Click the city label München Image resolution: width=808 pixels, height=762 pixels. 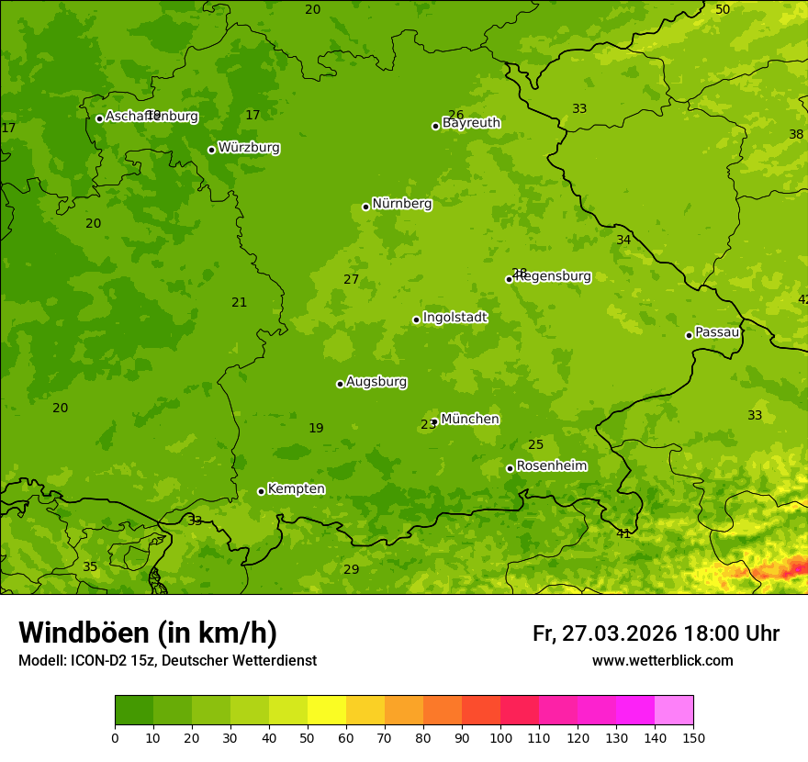[469, 420]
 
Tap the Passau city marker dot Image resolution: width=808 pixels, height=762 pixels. [689, 335]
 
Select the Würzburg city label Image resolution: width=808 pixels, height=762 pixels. [248, 148]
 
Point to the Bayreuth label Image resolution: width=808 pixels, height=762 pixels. [471, 123]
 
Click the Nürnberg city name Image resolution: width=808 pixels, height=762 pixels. [401, 204]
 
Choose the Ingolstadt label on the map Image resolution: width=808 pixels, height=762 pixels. [454, 318]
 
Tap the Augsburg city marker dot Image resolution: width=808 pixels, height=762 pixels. [340, 384]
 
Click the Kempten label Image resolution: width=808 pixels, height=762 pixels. [296, 489]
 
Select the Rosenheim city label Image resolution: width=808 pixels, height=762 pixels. [551, 466]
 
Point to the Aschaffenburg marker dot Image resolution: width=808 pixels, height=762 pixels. [99, 118]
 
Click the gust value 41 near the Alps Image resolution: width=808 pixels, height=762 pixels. [623, 533]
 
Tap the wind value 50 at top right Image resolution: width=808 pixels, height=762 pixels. [723, 9]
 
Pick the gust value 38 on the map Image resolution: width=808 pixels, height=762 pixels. [796, 135]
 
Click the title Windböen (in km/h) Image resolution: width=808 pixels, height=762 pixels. [148, 633]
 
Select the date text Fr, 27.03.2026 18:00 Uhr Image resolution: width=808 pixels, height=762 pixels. [656, 633]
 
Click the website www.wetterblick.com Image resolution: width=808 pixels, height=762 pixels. [662, 661]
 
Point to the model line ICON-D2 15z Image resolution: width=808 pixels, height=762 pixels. [167, 661]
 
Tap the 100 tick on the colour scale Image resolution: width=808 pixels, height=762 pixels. [500, 737]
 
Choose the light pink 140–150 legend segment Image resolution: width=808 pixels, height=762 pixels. [674, 711]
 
